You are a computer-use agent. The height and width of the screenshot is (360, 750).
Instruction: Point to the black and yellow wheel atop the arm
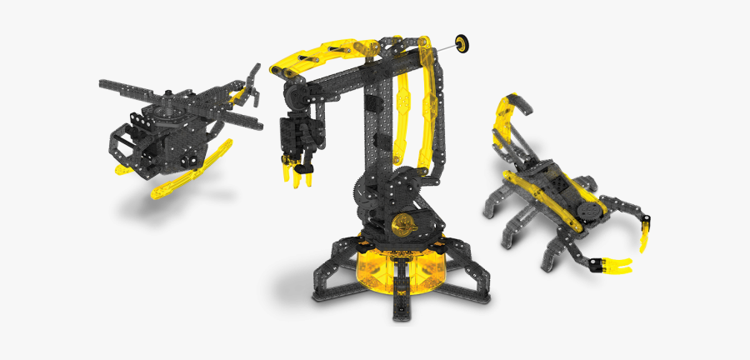point(461,42)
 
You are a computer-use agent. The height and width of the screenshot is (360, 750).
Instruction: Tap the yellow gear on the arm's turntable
point(403,227)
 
